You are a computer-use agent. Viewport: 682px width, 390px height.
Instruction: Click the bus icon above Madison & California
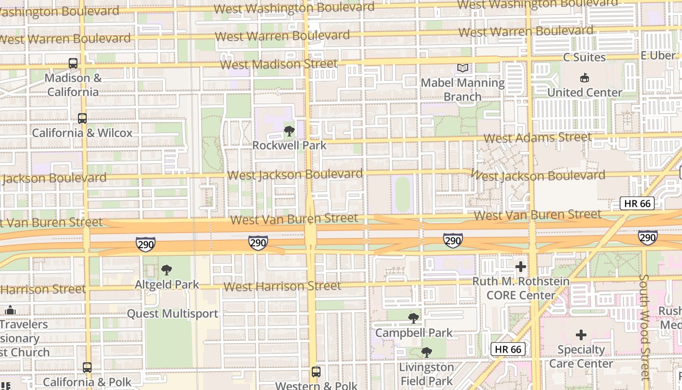(73, 63)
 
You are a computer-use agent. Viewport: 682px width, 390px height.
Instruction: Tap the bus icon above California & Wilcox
(82, 118)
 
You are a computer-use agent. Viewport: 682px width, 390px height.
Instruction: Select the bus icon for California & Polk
(87, 368)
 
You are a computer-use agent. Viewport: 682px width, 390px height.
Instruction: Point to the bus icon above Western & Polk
(316, 372)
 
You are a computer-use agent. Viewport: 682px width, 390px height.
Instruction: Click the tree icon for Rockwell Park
(289, 131)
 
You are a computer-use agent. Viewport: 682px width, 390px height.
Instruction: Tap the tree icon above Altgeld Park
(167, 270)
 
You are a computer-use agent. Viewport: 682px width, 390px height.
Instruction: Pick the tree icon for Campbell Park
(414, 318)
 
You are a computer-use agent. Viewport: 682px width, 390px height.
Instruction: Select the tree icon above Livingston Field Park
(426, 352)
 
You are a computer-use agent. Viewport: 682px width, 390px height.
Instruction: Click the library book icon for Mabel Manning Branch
(462, 68)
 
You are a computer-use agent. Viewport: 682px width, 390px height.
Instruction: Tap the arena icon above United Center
(585, 78)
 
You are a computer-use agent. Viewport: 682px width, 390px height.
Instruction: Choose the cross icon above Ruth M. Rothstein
(521, 267)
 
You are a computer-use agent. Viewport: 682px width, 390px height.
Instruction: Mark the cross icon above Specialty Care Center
(581, 335)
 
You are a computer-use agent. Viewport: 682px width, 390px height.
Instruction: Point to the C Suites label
(585, 57)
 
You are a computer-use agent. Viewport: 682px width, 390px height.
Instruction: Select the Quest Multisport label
(172, 313)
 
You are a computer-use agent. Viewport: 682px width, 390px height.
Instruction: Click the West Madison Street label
(279, 64)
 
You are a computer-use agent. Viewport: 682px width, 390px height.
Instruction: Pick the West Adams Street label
(538, 137)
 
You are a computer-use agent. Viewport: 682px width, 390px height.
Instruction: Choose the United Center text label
(585, 92)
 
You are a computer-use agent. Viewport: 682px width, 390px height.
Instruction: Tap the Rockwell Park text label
(289, 145)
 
